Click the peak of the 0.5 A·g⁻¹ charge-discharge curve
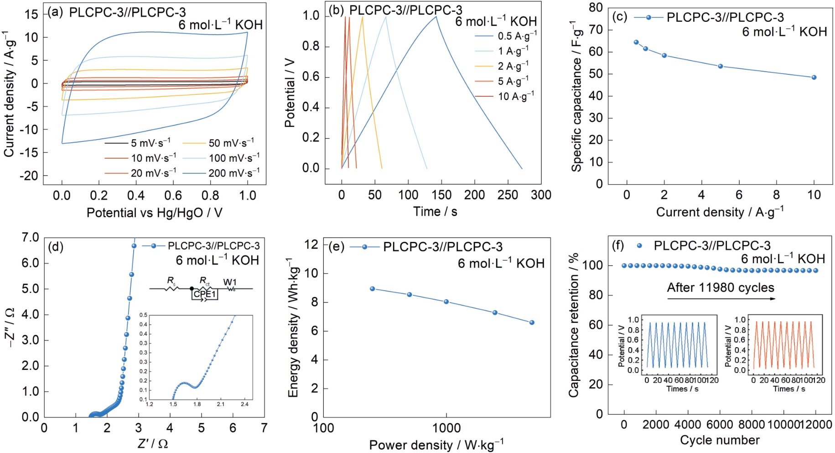(x=436, y=16)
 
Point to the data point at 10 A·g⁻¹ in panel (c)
(x=814, y=78)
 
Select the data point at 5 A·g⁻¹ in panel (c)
(x=721, y=66)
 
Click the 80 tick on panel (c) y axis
(x=596, y=7)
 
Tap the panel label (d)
(x=56, y=247)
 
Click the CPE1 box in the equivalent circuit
(x=205, y=294)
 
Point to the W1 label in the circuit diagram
(x=230, y=282)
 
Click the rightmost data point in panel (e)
(x=532, y=323)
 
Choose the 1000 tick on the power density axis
(x=446, y=428)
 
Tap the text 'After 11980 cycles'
(x=721, y=287)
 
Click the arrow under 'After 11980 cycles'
(x=721, y=299)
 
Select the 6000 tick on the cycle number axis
(x=720, y=425)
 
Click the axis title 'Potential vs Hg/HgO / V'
(x=154, y=213)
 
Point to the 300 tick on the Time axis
(x=541, y=195)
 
